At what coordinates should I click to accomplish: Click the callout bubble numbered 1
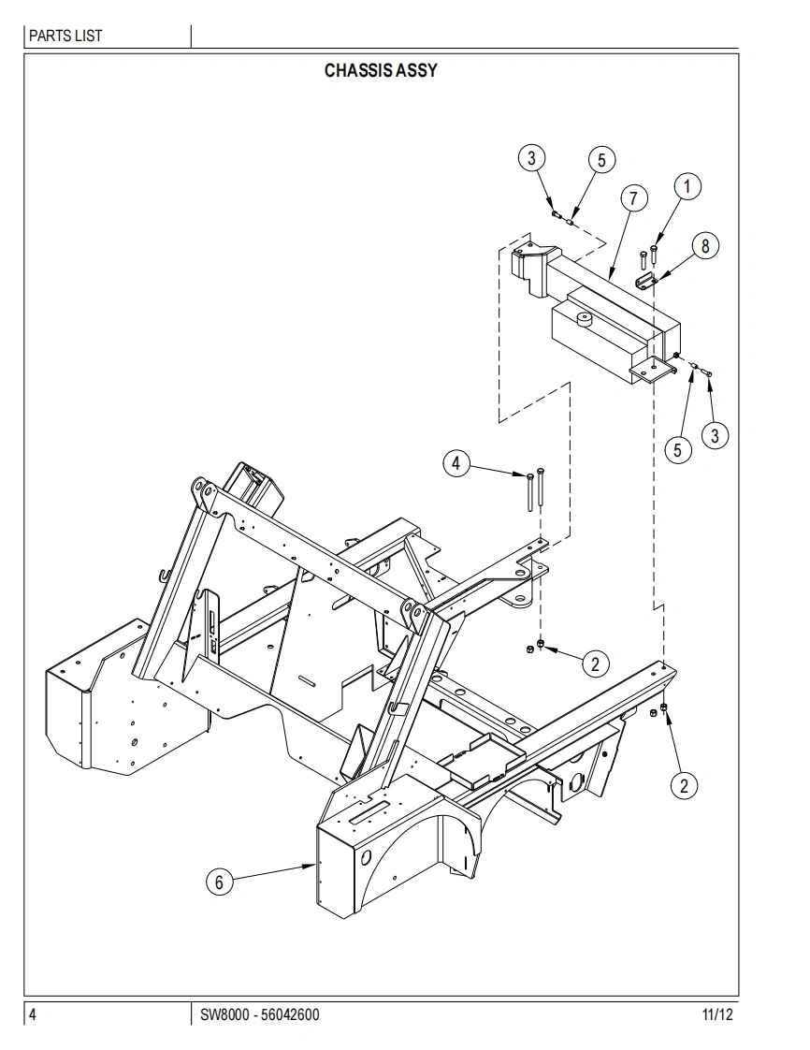click(687, 186)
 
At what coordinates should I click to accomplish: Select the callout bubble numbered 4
click(456, 462)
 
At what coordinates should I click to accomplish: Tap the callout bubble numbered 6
click(219, 882)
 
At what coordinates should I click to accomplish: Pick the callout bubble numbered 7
click(633, 198)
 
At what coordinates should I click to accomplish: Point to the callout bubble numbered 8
click(705, 246)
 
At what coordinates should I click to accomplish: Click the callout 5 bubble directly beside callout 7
click(601, 160)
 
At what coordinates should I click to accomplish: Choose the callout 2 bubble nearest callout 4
click(595, 664)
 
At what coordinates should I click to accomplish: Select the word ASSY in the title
click(416, 70)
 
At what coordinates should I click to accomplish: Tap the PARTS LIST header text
click(65, 36)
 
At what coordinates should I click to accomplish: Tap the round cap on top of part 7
click(586, 320)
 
